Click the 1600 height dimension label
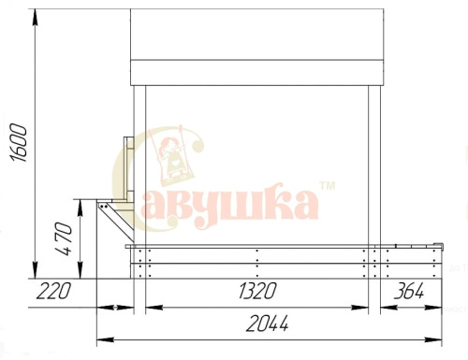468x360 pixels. pos(19,143)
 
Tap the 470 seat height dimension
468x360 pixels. pos(64,238)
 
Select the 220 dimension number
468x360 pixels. pos(53,291)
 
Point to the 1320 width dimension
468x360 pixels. pos(257,291)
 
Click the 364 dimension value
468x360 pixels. pos(409,291)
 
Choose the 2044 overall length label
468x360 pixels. pos(268,324)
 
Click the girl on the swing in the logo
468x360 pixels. pos(171,157)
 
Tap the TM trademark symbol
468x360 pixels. pos(328,186)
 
